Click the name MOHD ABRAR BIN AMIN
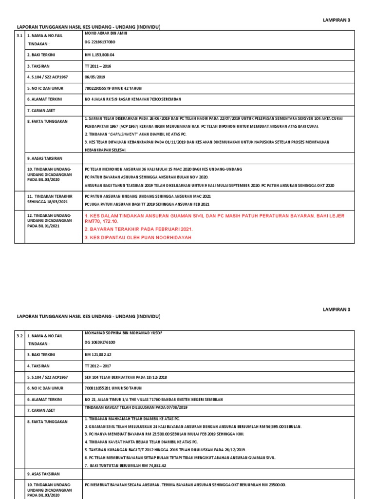coord(105,34)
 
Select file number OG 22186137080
coord(100,43)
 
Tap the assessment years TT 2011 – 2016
coord(98,66)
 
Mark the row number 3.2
coord(19,336)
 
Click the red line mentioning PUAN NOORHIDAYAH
coord(138,237)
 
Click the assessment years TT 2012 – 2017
coord(98,365)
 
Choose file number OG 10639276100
coord(100,343)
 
